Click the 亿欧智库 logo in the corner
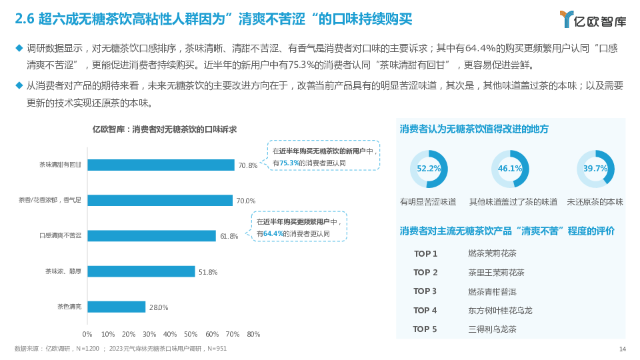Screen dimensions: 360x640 click(592, 19)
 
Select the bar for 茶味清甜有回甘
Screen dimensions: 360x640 click(161, 165)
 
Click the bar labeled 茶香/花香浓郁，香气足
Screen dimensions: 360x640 click(160, 200)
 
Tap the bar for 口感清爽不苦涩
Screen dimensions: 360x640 click(151, 235)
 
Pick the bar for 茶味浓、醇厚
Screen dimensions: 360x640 click(141, 271)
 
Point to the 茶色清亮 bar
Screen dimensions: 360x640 click(116, 307)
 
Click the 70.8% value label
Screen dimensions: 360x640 click(247, 165)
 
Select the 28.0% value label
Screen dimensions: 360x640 click(158, 307)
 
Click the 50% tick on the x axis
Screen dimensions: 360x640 click(191, 334)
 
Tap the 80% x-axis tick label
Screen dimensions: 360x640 click(253, 334)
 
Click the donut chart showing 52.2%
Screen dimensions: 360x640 click(429, 169)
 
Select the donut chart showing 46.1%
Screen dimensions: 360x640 click(510, 169)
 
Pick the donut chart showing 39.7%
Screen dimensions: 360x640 click(595, 169)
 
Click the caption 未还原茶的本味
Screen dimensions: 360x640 click(595, 201)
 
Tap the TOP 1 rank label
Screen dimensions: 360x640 click(425, 253)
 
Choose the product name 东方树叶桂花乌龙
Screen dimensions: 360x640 click(500, 310)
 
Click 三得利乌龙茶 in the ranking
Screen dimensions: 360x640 click(492, 329)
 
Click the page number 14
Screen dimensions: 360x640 click(622, 349)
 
